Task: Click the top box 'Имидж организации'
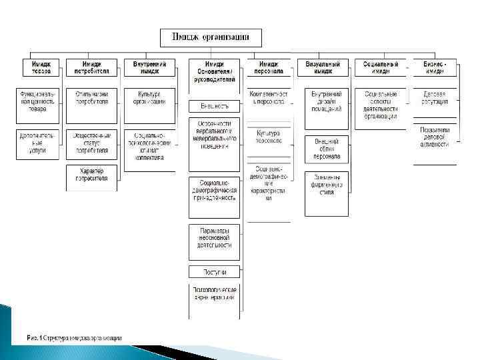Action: tap(211, 37)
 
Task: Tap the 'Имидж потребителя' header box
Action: tap(92, 67)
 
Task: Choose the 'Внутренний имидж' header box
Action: tap(150, 67)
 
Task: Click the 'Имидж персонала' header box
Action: tap(269, 67)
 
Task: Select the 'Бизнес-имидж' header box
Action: tap(435, 67)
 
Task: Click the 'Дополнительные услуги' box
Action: tap(38, 143)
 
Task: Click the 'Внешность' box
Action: tap(214, 106)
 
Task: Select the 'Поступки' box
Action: tap(214, 272)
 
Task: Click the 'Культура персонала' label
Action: tap(269, 137)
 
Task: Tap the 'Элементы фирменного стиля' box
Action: tap(326, 184)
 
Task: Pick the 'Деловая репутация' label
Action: tap(435, 98)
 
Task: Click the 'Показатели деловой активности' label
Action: tap(435, 137)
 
